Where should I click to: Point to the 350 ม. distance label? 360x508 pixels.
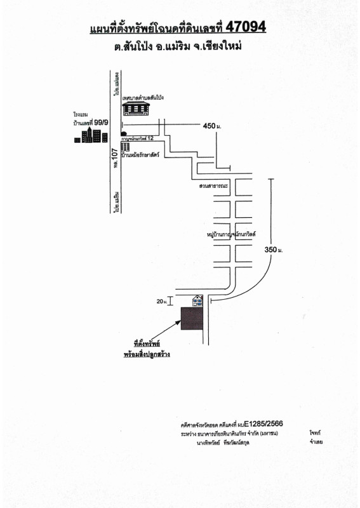(x=273, y=251)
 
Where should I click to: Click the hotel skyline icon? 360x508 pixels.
(x=88, y=135)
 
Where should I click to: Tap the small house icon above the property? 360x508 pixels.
(x=199, y=300)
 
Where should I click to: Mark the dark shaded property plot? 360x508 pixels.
(x=192, y=319)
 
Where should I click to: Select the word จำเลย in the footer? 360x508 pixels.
(x=316, y=441)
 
